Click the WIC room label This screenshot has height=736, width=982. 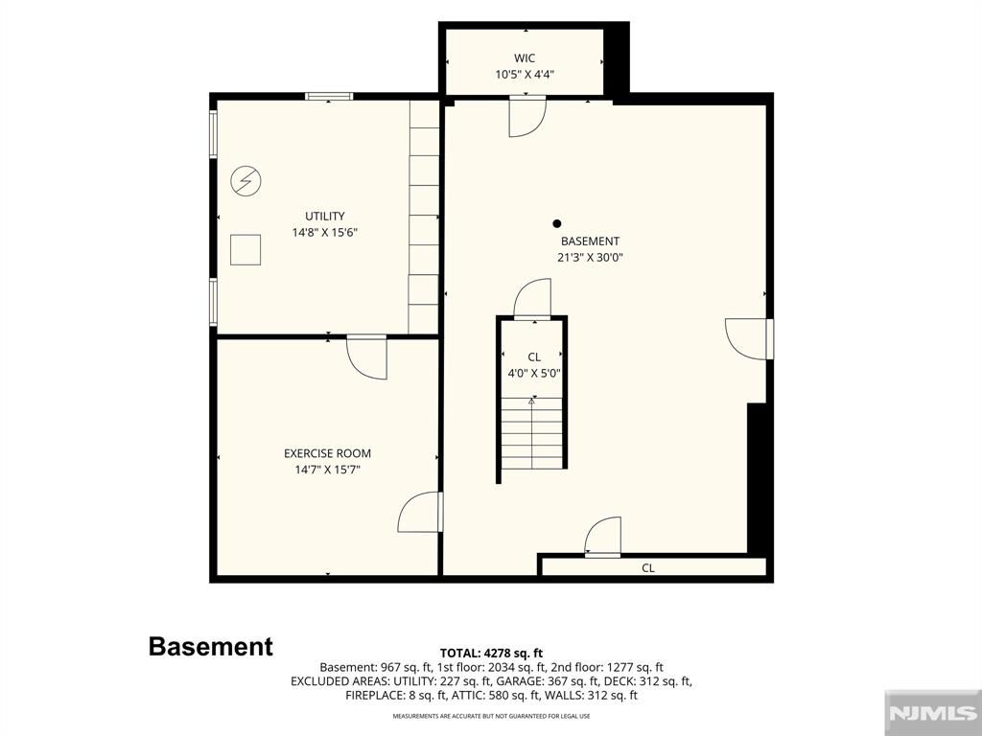tap(525, 58)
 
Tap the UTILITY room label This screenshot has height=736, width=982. tap(325, 216)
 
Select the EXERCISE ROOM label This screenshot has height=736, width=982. tap(328, 453)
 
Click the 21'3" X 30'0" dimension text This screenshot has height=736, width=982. tap(590, 257)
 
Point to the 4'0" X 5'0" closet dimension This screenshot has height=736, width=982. tap(534, 374)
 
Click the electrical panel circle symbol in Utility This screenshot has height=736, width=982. tap(245, 181)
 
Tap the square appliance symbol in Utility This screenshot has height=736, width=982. tap(245, 250)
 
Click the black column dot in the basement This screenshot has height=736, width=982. tap(557, 223)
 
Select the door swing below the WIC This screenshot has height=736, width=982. tap(527, 116)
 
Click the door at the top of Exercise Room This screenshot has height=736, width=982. tap(367, 357)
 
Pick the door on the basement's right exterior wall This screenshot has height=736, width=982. tap(748, 339)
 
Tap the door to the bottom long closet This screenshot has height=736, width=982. tap(603, 537)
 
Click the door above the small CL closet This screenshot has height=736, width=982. tap(532, 299)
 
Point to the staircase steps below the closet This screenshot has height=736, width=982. tap(532, 433)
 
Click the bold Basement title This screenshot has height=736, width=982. tap(210, 647)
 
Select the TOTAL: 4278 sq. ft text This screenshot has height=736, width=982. tap(491, 654)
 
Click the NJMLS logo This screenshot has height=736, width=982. tap(932, 713)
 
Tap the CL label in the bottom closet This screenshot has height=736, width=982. tap(648, 568)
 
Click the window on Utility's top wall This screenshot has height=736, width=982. tap(329, 97)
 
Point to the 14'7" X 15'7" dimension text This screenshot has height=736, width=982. tap(328, 470)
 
